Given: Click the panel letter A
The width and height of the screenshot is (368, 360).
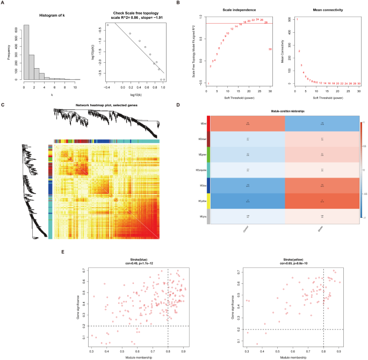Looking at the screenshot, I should click(3, 3).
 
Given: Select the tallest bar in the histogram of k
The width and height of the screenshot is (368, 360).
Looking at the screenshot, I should click(26, 54).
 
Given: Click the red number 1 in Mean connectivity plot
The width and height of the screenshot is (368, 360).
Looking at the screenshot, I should click(297, 19).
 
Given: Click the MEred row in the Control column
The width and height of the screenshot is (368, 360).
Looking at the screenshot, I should click(248, 123).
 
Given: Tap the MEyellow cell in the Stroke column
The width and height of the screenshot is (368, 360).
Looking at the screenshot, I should click(321, 202).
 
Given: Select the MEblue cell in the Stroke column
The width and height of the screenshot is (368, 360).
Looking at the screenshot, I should click(321, 186).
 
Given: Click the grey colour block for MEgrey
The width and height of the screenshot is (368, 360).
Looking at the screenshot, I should click(207, 217).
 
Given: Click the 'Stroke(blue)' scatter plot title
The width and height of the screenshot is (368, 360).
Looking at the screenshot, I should click(133, 260).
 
